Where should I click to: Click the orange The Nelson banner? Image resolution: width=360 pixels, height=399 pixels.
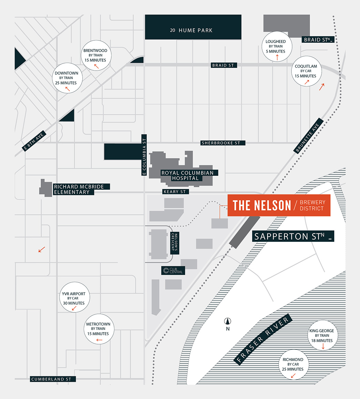(x=279, y=205)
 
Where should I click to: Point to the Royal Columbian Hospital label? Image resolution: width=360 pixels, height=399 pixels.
(x=187, y=176)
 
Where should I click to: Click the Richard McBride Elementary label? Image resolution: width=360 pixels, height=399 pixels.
(x=79, y=189)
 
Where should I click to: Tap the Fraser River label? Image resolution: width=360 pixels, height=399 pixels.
(x=263, y=339)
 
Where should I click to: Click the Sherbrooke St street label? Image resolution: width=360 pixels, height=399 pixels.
(x=223, y=143)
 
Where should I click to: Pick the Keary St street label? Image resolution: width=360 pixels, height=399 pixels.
(x=175, y=191)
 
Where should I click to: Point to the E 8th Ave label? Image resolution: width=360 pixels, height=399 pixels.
(x=34, y=141)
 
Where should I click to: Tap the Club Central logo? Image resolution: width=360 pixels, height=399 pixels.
(x=173, y=271)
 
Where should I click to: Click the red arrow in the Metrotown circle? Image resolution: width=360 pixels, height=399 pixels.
(x=99, y=340)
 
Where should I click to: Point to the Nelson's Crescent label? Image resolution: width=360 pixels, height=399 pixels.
(x=173, y=243)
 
